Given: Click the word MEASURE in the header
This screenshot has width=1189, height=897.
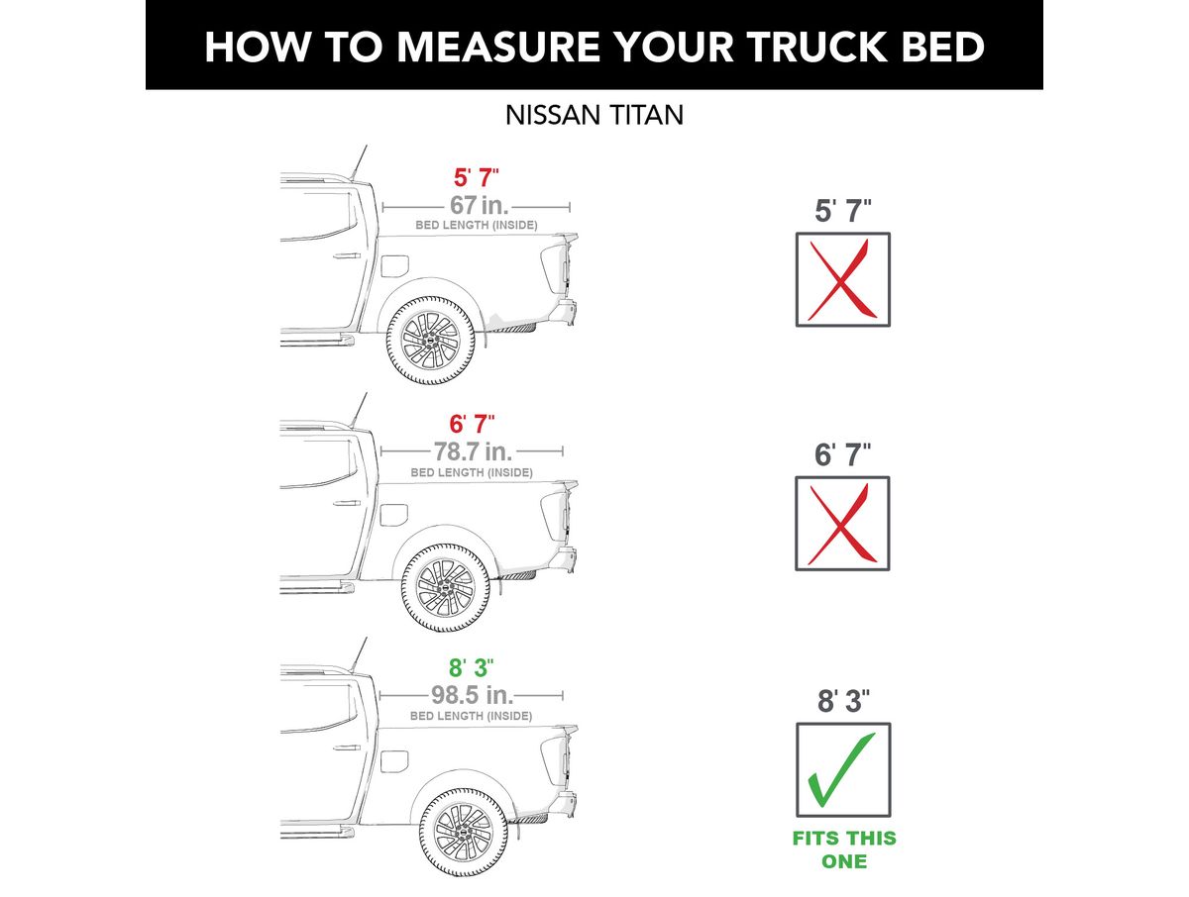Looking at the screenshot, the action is click(498, 47).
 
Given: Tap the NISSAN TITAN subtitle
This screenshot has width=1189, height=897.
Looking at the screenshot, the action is click(594, 115).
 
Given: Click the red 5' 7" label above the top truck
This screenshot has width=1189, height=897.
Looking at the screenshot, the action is click(477, 177).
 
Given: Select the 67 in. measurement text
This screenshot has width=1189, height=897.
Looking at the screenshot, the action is click(480, 205).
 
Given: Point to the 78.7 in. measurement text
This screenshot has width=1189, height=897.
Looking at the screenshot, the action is click(473, 451).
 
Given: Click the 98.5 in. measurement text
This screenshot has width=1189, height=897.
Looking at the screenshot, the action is click(472, 695).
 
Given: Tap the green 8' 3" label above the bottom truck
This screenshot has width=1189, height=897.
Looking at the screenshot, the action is click(472, 667).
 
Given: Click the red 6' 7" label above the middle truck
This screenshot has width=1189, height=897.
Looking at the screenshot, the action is click(472, 424).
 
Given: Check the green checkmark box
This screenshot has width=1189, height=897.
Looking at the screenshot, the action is click(843, 770).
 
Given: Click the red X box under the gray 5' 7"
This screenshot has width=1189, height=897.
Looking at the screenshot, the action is click(843, 280).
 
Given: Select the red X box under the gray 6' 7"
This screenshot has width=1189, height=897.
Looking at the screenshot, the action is click(843, 523).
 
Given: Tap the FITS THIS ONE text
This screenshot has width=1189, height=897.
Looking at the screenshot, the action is click(844, 849).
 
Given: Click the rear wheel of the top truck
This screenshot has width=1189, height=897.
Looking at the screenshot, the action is click(431, 341).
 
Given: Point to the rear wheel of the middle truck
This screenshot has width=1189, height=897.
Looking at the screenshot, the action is click(446, 588).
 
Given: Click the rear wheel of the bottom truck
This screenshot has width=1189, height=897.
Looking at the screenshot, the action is click(464, 832).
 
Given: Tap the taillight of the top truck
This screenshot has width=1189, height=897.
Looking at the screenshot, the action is click(554, 268).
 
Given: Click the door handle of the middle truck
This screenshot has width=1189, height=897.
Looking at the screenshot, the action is click(347, 503).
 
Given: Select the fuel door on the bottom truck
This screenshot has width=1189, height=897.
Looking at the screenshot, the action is click(393, 761).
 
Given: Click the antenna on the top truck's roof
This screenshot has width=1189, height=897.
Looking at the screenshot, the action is click(359, 162).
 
